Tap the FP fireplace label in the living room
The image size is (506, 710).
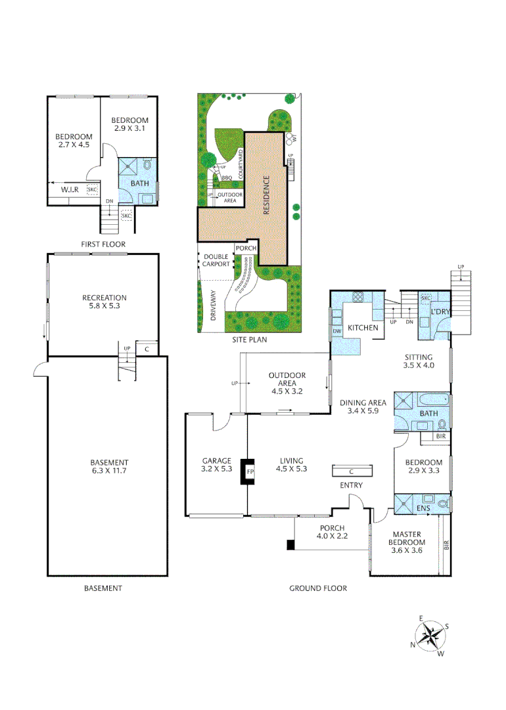250,471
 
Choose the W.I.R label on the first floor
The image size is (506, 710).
70,190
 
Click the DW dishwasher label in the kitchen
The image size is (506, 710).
337,331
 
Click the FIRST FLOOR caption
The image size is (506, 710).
103,244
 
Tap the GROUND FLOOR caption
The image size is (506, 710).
318,588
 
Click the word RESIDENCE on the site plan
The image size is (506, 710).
267,195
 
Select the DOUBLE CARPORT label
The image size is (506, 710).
216,260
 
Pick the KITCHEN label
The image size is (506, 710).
362,327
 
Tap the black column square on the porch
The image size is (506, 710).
290,544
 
